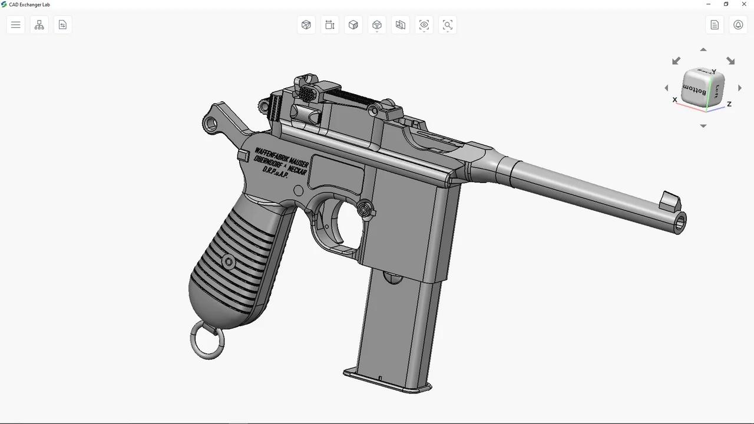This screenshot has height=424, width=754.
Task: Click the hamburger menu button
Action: tap(16, 25)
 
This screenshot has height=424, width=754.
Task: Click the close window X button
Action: tap(743, 4)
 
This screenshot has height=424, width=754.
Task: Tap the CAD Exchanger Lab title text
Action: tap(29, 5)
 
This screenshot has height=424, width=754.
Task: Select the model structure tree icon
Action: tap(39, 25)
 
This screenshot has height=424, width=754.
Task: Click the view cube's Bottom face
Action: tap(696, 91)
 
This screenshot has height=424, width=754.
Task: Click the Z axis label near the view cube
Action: tap(729, 104)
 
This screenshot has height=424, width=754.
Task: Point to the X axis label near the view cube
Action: tap(675, 100)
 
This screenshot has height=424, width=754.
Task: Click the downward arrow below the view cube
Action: tap(703, 126)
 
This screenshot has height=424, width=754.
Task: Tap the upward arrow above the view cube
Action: tap(703, 50)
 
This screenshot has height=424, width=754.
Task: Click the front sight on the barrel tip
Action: tap(670, 201)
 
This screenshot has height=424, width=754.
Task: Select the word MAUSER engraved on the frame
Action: tap(299, 161)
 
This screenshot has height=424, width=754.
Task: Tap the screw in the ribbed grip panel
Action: tap(229, 261)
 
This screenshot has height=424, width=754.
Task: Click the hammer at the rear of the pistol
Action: tap(217, 118)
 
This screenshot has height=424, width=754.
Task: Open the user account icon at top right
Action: tap(738, 25)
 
